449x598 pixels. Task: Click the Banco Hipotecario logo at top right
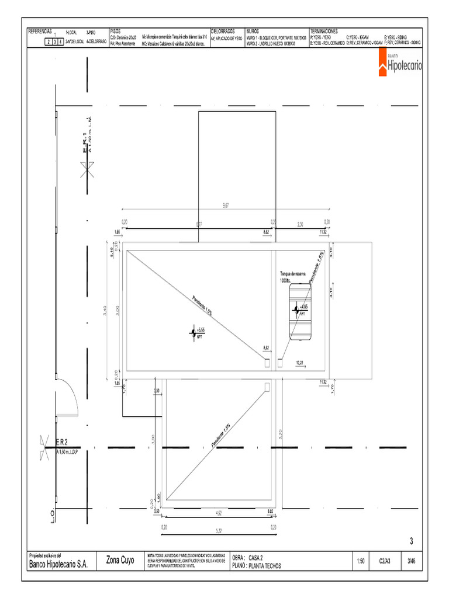403,64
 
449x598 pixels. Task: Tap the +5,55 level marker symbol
192,333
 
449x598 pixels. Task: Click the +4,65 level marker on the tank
299,310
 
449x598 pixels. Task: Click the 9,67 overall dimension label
226,205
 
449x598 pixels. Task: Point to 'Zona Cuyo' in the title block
120,560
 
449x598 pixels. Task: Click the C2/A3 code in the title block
385,561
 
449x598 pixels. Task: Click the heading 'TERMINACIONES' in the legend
324,31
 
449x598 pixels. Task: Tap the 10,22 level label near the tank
300,363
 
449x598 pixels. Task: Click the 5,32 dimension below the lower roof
219,531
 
